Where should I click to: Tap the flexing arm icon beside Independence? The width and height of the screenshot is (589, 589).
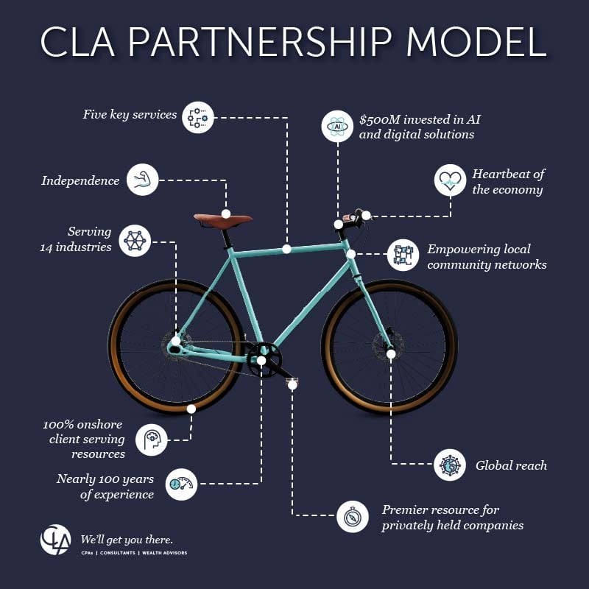[x=142, y=180]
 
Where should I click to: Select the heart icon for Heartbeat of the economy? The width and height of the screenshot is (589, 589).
[x=450, y=180]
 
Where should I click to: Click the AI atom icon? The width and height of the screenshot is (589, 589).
[x=338, y=126]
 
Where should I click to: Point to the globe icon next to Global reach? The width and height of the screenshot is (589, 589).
[x=450, y=465]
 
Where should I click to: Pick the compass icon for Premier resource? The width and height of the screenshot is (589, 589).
[x=353, y=516]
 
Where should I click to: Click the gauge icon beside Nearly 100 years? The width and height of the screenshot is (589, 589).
[x=181, y=484]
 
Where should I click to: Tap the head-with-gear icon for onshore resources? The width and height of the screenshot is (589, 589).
[x=152, y=439]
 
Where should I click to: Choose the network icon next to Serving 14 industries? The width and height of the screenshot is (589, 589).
[x=135, y=241]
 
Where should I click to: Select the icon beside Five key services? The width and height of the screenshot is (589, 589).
[x=198, y=117]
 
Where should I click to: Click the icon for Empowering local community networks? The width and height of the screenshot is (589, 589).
[x=403, y=255]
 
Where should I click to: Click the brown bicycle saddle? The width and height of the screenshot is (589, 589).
[x=222, y=219]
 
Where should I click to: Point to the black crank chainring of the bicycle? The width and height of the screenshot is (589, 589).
[x=261, y=360]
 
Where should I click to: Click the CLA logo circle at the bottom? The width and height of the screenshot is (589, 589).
[x=55, y=540]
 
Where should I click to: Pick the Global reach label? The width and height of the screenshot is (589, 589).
[x=511, y=465]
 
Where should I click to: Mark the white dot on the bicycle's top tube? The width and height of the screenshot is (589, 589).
[x=286, y=250]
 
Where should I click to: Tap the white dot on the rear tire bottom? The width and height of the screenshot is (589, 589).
[x=191, y=409]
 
